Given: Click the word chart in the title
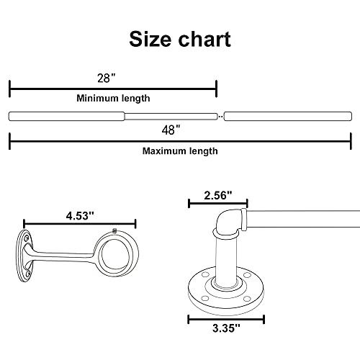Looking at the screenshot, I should (203, 39).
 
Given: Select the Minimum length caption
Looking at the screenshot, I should (113, 98).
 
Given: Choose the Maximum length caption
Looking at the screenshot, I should (179, 151).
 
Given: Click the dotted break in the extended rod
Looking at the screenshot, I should (220, 115).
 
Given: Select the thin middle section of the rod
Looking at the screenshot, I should (171, 115).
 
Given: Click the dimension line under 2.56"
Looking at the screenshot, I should (217, 204).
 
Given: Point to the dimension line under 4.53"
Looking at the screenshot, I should (79, 224).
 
